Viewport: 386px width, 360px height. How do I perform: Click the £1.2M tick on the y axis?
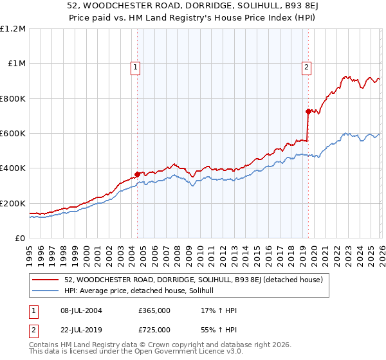(13, 29)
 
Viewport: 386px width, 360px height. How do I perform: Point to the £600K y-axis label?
(14, 134)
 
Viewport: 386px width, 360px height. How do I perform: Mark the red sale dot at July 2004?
(137, 174)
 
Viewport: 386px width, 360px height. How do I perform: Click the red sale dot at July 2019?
(308, 111)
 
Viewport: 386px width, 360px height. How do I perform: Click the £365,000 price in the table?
(154, 310)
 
